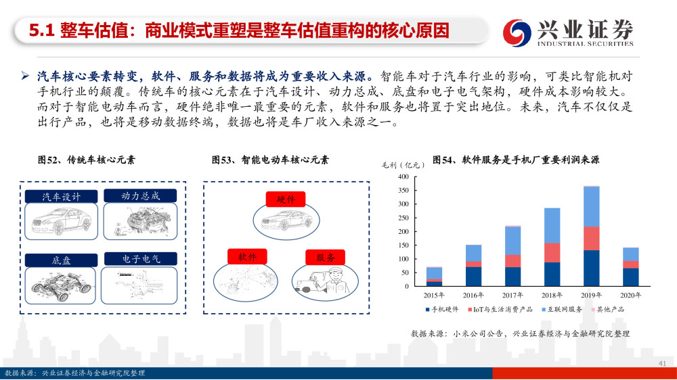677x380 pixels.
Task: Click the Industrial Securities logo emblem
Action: point(517,32)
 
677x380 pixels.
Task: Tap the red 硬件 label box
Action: point(286,199)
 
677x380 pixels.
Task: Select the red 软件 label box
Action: point(247,257)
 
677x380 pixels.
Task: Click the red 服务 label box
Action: point(325,258)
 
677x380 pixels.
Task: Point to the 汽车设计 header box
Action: point(62,197)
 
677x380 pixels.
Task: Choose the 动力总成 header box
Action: point(140,196)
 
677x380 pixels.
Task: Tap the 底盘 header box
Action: point(61,260)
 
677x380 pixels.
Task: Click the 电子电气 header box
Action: point(141,259)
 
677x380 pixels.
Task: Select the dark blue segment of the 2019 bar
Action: point(592,268)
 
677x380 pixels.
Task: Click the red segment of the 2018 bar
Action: point(552,253)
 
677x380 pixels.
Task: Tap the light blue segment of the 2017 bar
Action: point(513,241)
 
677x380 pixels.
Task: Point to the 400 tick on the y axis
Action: point(403,177)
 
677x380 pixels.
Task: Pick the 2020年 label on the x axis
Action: point(631,295)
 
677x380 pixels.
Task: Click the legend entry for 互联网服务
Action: point(562,309)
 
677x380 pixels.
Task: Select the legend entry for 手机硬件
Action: point(441,309)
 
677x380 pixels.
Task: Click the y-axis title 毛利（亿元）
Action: point(403,165)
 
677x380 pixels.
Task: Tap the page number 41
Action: point(662,364)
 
